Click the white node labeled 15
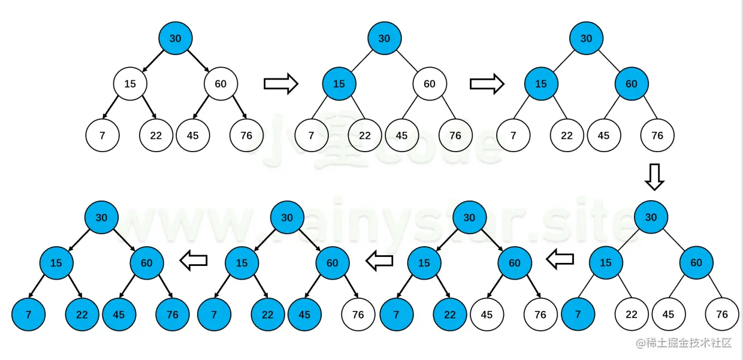130,84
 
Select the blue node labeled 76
173,314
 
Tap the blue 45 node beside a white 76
304,314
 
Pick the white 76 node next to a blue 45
358,314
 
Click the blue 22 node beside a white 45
450,314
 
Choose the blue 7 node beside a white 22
578,314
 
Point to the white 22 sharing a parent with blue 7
632,314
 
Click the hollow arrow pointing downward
654,176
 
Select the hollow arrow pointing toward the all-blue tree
194,261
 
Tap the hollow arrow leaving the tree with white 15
280,84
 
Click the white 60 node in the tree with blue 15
430,84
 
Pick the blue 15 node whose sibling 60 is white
339,84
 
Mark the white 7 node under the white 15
102,135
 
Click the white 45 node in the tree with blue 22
487,314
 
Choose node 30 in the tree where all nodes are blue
101,217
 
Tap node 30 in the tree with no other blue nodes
175,38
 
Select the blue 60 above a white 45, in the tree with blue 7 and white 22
696,263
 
